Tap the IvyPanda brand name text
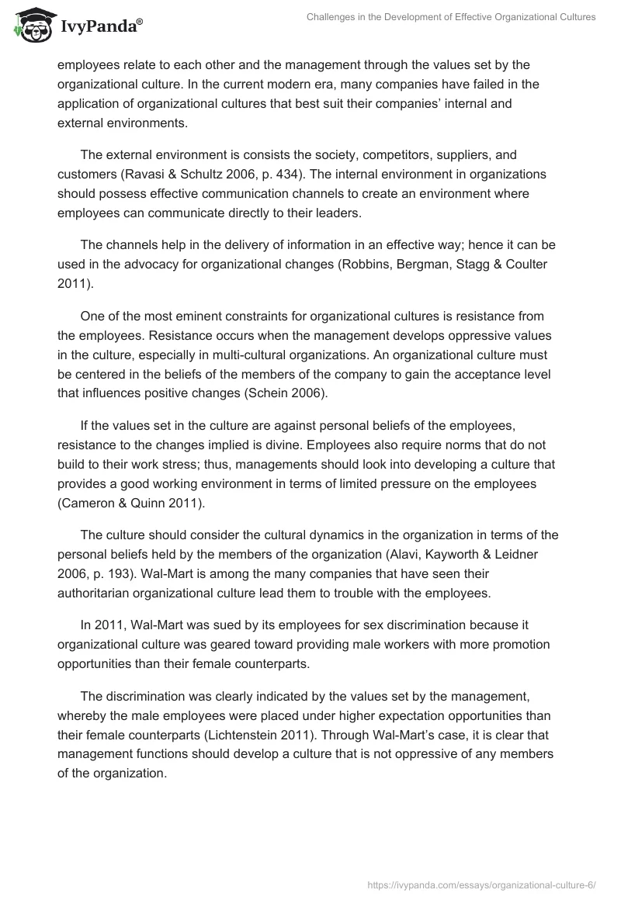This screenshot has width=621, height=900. (100, 27)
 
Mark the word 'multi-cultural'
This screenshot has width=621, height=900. (254, 354)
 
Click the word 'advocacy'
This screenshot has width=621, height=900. (147, 264)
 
